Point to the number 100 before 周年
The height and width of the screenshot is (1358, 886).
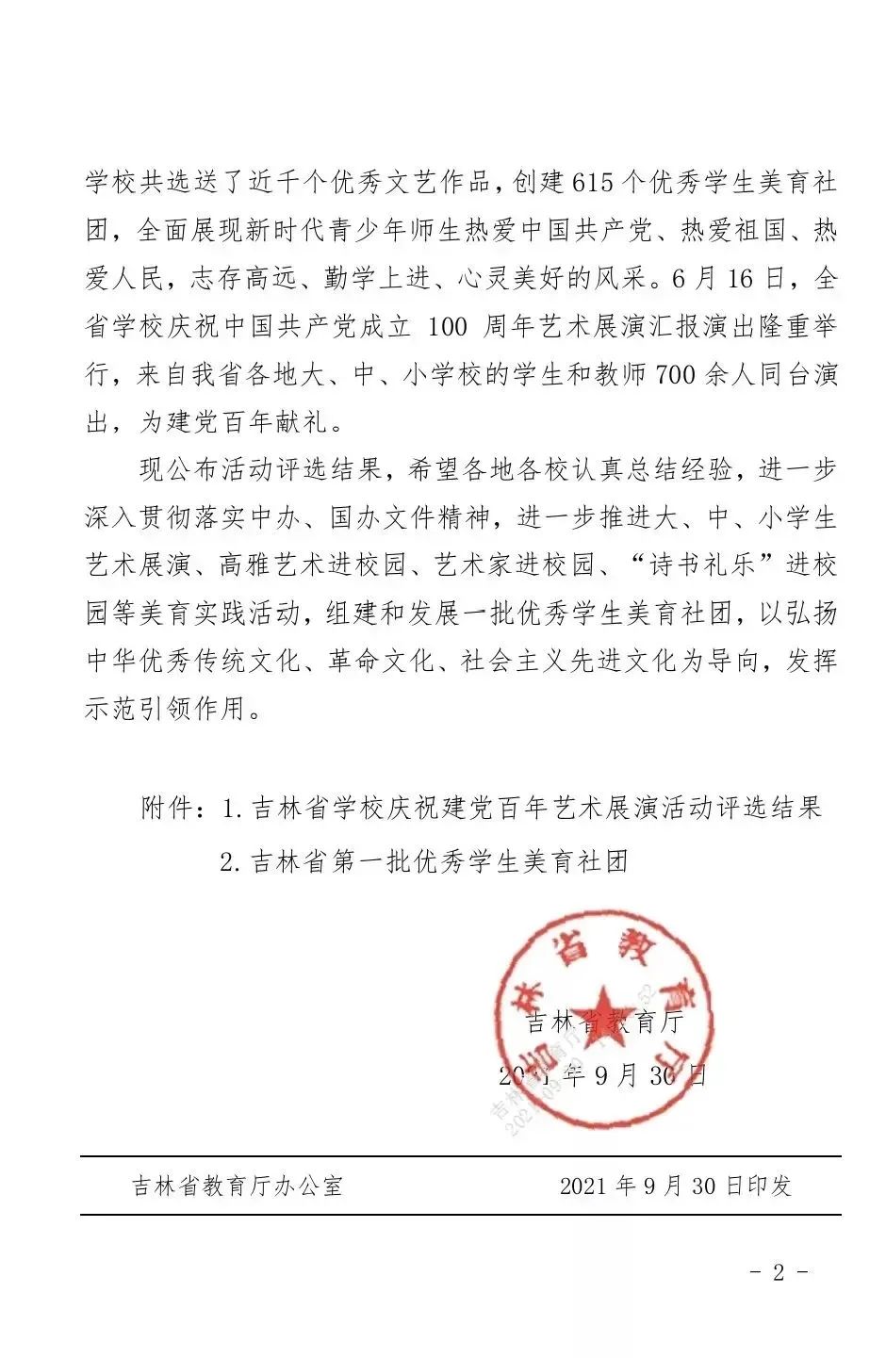(x=447, y=328)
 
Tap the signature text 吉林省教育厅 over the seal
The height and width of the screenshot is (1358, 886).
(x=603, y=1023)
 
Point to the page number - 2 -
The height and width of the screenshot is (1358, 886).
(x=778, y=1272)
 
